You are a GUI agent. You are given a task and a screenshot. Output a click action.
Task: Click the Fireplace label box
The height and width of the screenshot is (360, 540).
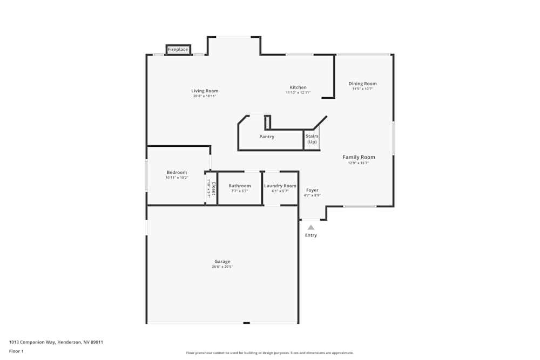pyautogui.click(x=178, y=50)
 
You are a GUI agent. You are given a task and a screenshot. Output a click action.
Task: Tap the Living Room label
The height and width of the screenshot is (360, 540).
pyautogui.click(x=205, y=91)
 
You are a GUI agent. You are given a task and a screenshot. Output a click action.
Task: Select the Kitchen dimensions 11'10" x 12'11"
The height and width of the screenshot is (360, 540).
pyautogui.click(x=298, y=93)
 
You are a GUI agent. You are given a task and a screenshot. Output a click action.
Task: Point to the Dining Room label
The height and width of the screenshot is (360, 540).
pyautogui.click(x=362, y=84)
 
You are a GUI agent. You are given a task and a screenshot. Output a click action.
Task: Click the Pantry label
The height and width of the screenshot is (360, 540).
pyautogui.click(x=267, y=137)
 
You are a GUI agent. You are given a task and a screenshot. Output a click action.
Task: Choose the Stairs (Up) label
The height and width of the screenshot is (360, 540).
pyautogui.click(x=312, y=139)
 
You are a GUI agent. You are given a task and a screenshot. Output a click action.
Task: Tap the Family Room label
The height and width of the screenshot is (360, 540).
pyautogui.click(x=359, y=157)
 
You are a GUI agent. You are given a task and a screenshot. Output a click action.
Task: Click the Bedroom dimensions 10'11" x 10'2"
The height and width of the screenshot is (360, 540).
pyautogui.click(x=177, y=178)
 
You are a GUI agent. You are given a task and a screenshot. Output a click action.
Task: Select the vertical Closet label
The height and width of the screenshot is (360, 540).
pyautogui.click(x=214, y=188)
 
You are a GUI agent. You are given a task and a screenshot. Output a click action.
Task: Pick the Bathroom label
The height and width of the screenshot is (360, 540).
pyautogui.click(x=239, y=186)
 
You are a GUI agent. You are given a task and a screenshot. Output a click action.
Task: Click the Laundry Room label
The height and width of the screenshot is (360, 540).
pyautogui.click(x=280, y=186)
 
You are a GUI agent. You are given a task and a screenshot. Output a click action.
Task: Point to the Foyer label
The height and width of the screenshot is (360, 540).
pyautogui.click(x=312, y=190)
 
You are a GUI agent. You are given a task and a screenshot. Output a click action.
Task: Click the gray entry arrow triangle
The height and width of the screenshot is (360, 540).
pyautogui.click(x=311, y=227)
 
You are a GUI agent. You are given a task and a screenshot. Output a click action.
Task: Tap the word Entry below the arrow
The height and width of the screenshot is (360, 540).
pyautogui.click(x=311, y=235)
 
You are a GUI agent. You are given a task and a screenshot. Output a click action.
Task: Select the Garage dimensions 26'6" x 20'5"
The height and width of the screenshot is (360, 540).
pyautogui.click(x=222, y=267)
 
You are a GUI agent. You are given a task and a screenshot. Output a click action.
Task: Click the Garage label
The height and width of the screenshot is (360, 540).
pyautogui.click(x=222, y=261)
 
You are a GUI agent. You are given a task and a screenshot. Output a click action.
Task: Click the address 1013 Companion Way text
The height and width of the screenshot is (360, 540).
pyautogui.click(x=56, y=342)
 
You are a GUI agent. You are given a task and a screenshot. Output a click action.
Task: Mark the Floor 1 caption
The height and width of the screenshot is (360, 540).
pyautogui.click(x=16, y=351)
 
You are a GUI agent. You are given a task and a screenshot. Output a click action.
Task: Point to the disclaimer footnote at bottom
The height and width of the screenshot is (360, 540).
pyautogui.click(x=270, y=353)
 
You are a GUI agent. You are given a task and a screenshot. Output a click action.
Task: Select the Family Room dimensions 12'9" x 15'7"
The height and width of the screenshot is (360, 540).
pyautogui.click(x=359, y=163)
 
